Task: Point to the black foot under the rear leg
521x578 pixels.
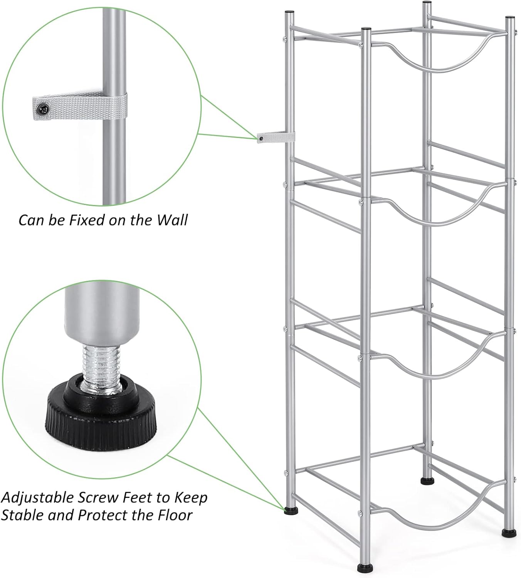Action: click(x=426, y=481)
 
